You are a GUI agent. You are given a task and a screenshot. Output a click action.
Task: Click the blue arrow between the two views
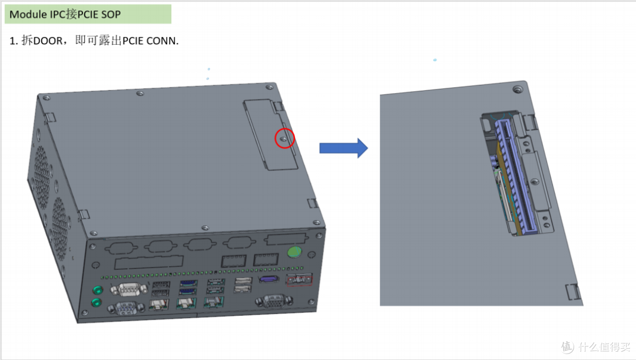(343, 148)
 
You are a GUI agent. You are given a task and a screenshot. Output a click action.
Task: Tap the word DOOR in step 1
(48, 41)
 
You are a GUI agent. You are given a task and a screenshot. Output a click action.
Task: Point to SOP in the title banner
(111, 14)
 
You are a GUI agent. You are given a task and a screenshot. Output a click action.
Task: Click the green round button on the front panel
(294, 252)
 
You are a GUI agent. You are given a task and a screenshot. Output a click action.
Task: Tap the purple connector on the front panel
(269, 279)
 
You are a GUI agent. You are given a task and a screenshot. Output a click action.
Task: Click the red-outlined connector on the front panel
(299, 279)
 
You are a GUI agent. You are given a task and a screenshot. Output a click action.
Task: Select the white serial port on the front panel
(128, 289)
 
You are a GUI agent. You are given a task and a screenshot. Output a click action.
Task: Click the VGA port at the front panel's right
(274, 301)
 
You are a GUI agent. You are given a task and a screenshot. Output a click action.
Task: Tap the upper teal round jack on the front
(97, 290)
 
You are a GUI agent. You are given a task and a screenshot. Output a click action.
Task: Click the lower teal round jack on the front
(96, 303)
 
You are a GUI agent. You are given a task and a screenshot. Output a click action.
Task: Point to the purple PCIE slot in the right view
(515, 177)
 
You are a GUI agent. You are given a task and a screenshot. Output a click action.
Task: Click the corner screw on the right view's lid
(518, 90)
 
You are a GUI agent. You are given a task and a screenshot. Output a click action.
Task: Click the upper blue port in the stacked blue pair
(188, 283)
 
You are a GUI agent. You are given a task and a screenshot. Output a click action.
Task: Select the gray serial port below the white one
(126, 309)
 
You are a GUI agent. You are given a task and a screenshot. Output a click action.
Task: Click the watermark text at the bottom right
(603, 347)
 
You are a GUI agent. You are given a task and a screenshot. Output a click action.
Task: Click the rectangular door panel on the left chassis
(270, 134)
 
